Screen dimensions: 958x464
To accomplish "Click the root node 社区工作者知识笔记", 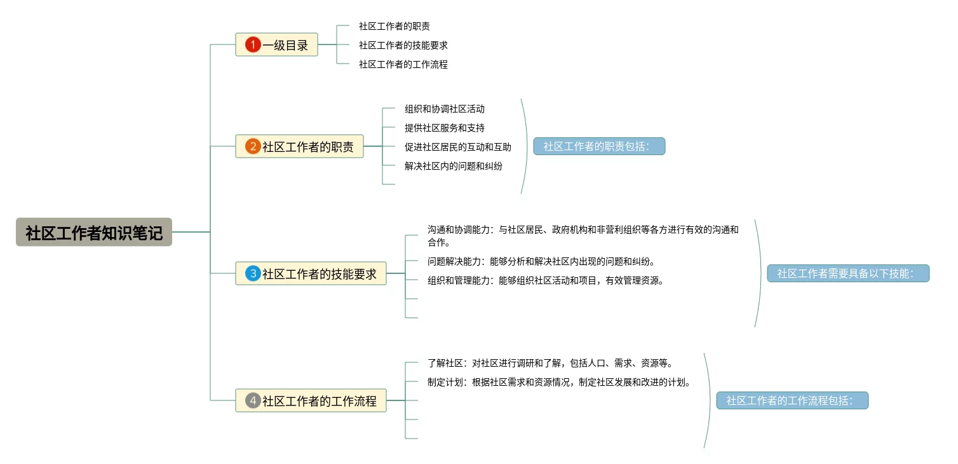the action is tap(94, 232).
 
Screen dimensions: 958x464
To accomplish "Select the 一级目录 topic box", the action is tap(277, 44).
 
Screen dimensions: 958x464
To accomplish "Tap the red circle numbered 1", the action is tap(253, 44).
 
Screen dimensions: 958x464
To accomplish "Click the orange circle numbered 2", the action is tap(253, 146).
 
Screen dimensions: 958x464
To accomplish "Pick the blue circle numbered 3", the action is tap(253, 273).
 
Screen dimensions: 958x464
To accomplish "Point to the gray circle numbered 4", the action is tap(253, 400).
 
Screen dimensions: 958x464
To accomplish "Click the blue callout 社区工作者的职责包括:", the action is tap(599, 146).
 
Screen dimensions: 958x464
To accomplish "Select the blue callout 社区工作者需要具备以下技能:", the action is tap(848, 273).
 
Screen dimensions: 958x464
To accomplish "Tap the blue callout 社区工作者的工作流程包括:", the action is tap(792, 400).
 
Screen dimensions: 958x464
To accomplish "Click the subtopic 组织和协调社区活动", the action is tap(444, 109).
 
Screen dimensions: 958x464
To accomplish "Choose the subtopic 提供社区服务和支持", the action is tap(444, 128).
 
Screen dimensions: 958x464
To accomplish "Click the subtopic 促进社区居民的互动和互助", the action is tap(457, 147).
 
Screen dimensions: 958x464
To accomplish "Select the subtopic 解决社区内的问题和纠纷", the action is tap(454, 166).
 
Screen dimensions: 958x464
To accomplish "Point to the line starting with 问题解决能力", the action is tap(541, 261).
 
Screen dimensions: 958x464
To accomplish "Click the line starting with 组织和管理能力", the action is tap(546, 281).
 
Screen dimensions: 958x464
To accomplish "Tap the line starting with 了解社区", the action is tap(550, 364).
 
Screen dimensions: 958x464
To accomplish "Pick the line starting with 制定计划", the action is tap(560, 382).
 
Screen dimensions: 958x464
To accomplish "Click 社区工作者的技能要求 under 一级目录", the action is tap(403, 45).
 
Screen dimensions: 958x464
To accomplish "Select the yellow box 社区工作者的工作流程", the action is tap(311, 400).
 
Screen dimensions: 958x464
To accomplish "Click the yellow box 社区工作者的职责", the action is tap(299, 146).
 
